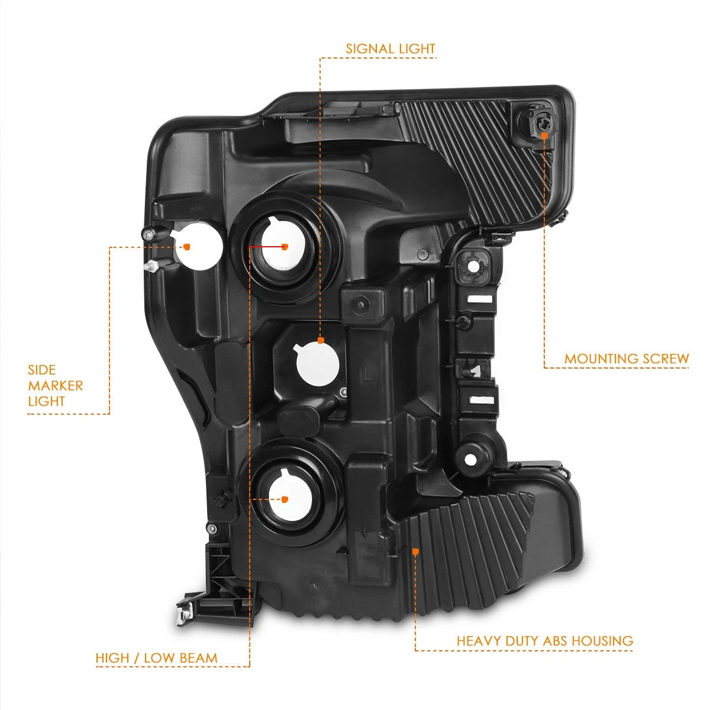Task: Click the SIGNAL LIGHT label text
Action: click(x=390, y=49)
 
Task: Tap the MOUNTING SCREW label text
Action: click(x=627, y=359)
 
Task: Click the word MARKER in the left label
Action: click(x=56, y=386)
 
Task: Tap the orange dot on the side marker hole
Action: click(x=187, y=247)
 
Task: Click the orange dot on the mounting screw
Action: click(x=544, y=135)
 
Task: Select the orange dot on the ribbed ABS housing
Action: click(x=415, y=551)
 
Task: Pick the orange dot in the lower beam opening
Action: click(x=284, y=499)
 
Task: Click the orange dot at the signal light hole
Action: click(x=321, y=340)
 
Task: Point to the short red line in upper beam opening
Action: click(x=266, y=246)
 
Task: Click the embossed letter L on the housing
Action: click(x=367, y=375)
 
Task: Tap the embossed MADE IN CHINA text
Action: click(x=322, y=572)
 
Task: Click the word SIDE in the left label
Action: click(x=42, y=370)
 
